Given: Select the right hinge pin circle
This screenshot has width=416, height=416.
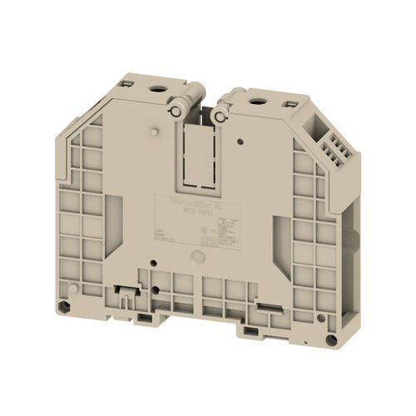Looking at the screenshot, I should [220, 117].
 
